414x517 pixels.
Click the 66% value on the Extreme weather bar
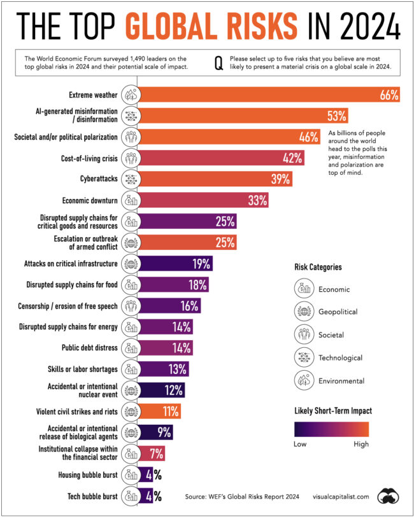pos(389,95)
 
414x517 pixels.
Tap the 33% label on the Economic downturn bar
pos(257,200)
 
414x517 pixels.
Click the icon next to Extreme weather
pos(130,95)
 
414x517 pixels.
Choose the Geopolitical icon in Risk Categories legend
pos(303,312)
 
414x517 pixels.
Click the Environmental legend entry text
pos(341,381)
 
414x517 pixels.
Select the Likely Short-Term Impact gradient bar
pos(331,429)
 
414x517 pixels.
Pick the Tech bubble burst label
pos(92,497)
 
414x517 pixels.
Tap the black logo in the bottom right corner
pos(388,495)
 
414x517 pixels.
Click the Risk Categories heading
pos(318,267)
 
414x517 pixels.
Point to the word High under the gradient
pos(360,445)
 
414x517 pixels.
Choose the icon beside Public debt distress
pos(130,348)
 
